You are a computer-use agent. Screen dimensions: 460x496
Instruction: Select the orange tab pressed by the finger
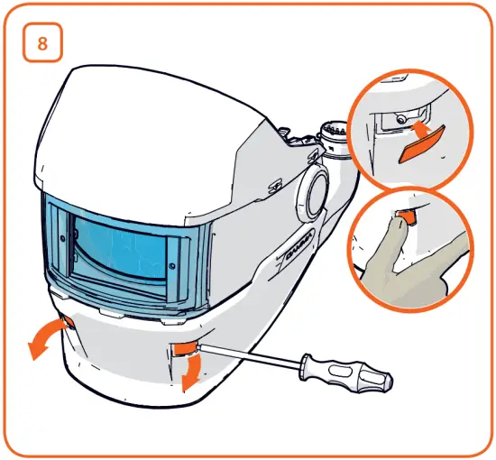[x=408, y=217]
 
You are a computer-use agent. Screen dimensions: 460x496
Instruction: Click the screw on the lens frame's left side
[x=60, y=239]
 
